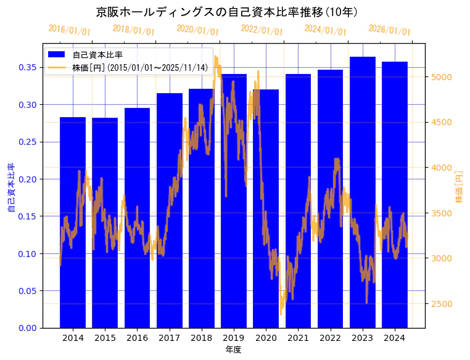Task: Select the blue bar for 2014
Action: pos(73,222)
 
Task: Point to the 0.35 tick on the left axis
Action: pos(28,67)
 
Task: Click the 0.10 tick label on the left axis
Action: pos(28,253)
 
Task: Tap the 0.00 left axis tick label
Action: pos(28,328)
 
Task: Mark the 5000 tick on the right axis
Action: pos(442,77)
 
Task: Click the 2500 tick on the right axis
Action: pos(442,303)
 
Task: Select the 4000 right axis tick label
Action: pos(442,168)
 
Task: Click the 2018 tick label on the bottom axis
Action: pos(202,338)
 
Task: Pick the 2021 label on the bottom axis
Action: pos(298,338)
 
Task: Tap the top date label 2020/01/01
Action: pos(197,30)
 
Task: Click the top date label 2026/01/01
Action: pos(389,30)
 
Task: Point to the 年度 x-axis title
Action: pos(233,350)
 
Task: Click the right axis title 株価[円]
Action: pos(459,186)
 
